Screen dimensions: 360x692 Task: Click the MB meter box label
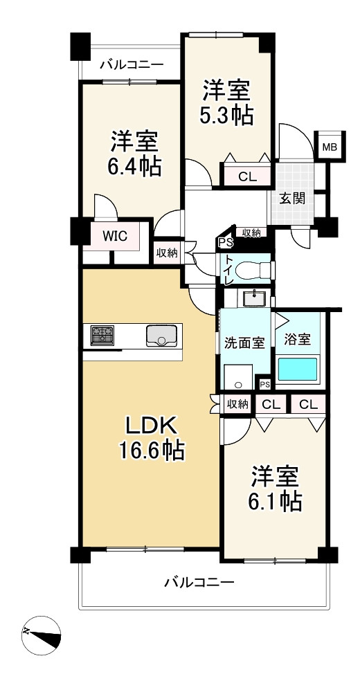click(x=329, y=147)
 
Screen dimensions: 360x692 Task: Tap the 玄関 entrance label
click(x=292, y=199)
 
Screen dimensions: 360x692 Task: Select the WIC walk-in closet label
click(x=116, y=236)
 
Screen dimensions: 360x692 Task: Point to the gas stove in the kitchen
click(x=102, y=336)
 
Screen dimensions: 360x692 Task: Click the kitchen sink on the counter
click(x=162, y=336)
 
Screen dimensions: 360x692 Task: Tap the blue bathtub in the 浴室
click(x=297, y=369)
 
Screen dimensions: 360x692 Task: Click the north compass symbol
click(x=41, y=635)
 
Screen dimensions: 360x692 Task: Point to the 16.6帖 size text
click(x=151, y=450)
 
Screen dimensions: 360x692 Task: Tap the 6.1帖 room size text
click(x=277, y=501)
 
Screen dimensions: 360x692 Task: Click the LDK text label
click(x=152, y=427)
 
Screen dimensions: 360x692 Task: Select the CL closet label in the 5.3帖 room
click(x=247, y=177)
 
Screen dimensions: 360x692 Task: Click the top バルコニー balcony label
click(x=132, y=65)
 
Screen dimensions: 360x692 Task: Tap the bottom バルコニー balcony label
click(x=199, y=583)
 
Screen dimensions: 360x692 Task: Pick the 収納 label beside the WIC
click(x=167, y=253)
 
